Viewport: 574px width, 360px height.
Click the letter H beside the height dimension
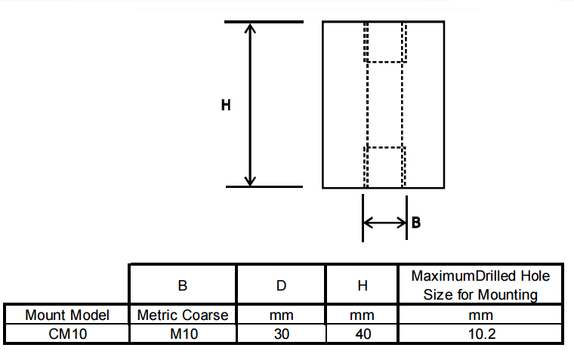[226, 106]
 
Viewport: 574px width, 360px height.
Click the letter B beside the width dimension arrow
[415, 223]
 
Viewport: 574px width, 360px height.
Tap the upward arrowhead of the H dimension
[251, 29]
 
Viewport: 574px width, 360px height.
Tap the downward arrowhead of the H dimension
[251, 180]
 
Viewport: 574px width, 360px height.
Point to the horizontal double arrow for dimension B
[385, 223]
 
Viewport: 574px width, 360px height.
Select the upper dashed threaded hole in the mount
[385, 42]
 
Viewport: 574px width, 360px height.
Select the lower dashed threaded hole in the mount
[385, 166]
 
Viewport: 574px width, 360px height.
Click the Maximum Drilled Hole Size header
[480, 285]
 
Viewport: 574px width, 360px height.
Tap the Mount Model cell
[67, 315]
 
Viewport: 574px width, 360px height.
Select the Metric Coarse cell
[183, 315]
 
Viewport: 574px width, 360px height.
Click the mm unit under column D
[281, 315]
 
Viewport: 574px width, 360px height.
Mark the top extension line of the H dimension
[264, 22]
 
